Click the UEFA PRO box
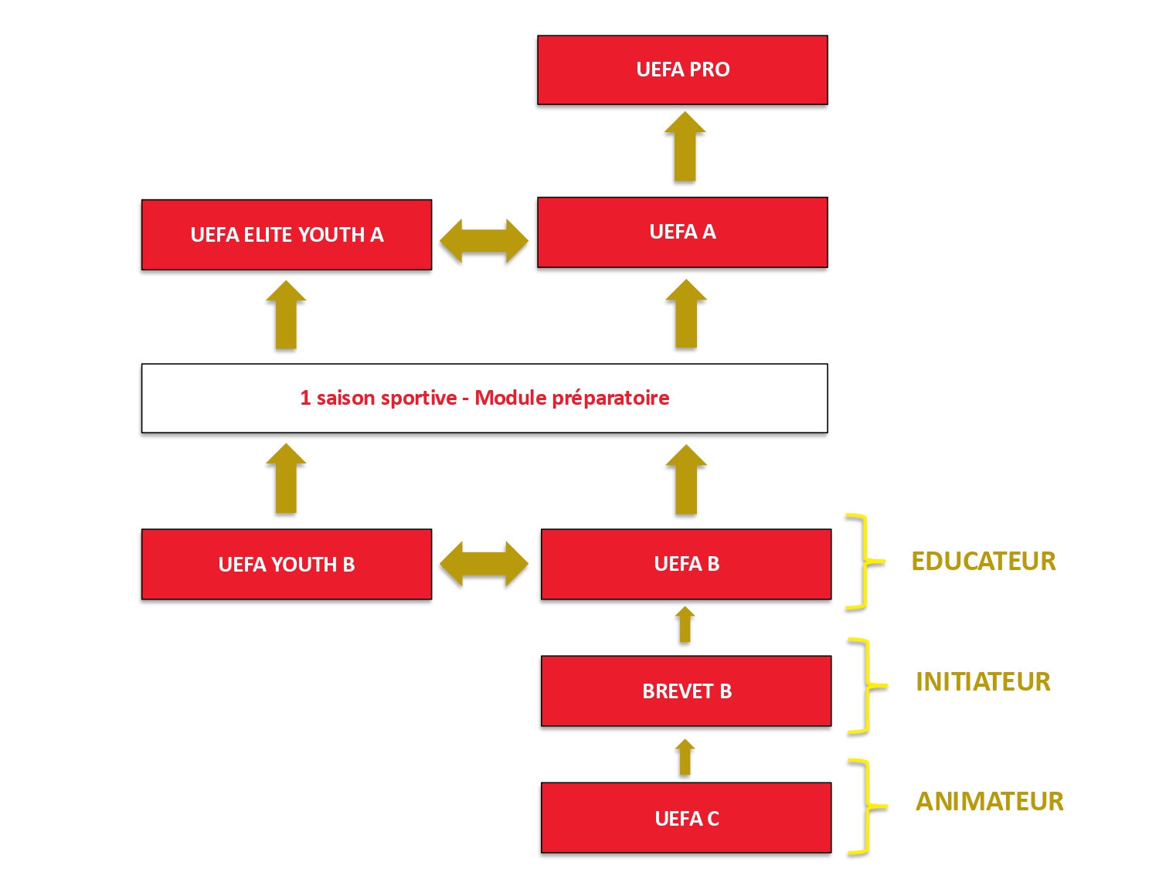click(x=682, y=70)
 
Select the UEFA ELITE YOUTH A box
click(x=287, y=235)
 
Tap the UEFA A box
click(x=682, y=232)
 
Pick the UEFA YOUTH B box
click(x=287, y=564)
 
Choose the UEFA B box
click(x=686, y=564)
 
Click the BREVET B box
click(x=686, y=691)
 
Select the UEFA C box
click(x=686, y=818)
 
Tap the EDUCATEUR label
click(x=983, y=561)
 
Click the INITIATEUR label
click(x=983, y=681)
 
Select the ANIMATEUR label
click(x=989, y=801)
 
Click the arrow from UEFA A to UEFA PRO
click(x=685, y=148)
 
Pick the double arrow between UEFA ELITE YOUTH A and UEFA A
click(x=484, y=240)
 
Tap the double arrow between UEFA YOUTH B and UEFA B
click(x=484, y=563)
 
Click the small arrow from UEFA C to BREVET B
click(x=685, y=758)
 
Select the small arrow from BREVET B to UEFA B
click(x=685, y=626)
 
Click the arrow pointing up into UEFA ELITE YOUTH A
click(x=286, y=316)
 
